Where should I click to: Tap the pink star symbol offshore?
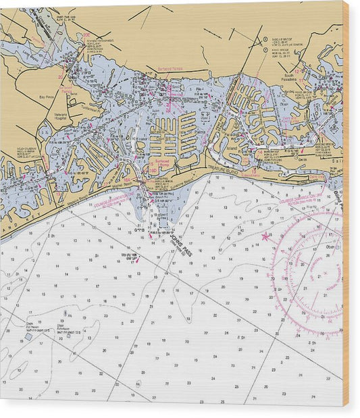(x=265, y=236)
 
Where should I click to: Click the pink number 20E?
(x=86, y=34)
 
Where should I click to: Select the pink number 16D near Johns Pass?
(x=153, y=172)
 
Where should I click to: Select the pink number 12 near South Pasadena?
(x=296, y=70)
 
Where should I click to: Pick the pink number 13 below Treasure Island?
(x=253, y=172)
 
